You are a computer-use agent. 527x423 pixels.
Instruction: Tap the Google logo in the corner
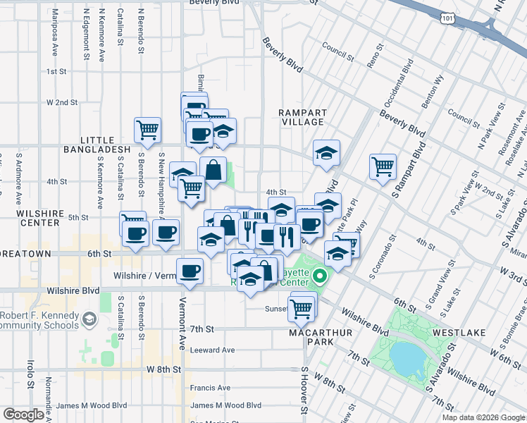24,415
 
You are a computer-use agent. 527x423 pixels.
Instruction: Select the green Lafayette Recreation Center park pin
319,274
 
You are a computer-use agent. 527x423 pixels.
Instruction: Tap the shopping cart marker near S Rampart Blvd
383,166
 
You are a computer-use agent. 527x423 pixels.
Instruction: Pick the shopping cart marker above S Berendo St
148,128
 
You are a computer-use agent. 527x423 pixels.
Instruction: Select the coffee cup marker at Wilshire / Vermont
188,271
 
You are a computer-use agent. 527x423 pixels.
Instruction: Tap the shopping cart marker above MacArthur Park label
302,307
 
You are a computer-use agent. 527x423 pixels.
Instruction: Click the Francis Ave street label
210,387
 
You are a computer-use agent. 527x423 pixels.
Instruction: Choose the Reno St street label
373,57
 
